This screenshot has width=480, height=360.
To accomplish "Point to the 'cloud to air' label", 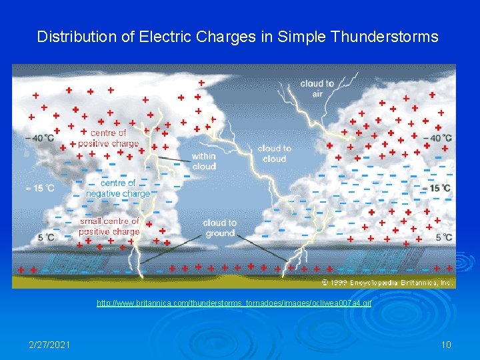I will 317,89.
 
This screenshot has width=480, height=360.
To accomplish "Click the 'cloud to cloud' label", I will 274,153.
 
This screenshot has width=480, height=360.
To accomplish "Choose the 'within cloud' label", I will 203,161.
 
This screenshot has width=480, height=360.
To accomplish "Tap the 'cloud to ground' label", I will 220,228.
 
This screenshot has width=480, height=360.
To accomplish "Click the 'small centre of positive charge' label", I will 109,226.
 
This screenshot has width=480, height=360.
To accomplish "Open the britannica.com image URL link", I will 234,303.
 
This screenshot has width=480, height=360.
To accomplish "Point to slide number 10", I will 446,344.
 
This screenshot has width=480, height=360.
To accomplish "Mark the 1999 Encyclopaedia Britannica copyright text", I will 387,283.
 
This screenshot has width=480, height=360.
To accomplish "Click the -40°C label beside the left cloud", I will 40,138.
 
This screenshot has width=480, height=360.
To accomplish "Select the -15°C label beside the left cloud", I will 40,189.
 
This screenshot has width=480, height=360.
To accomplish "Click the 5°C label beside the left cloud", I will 45,237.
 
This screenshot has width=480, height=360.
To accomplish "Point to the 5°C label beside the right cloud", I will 443,237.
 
